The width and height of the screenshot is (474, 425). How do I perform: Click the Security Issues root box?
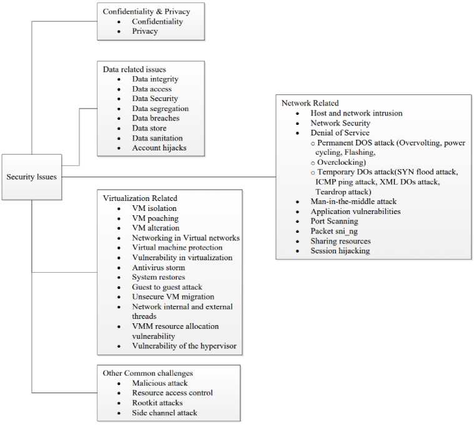(31, 177)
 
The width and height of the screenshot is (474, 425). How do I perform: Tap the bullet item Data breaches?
(156, 118)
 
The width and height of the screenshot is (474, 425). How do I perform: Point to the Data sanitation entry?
(157, 138)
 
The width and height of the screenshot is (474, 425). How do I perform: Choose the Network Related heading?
(310, 103)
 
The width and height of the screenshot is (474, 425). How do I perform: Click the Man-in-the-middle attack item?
(353, 202)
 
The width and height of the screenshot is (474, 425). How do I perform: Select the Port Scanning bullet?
(334, 221)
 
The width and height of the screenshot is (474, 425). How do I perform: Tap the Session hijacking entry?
(340, 251)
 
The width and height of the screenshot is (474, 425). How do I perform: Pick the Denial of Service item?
(340, 133)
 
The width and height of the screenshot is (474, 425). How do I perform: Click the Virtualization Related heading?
(140, 198)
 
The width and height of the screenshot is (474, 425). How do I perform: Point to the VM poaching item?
(155, 218)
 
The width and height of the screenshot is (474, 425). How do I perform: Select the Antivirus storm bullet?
(158, 267)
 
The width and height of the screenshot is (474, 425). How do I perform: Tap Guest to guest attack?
(167, 287)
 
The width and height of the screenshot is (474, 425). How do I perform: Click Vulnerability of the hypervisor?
(184, 346)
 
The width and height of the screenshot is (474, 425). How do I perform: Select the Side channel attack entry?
(164, 413)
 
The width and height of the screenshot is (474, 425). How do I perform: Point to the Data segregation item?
(160, 108)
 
